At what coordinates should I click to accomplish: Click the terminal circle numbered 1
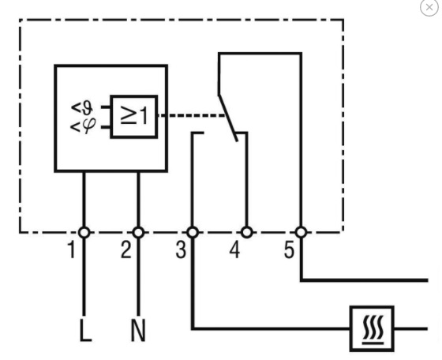pyautogui.click(x=84, y=233)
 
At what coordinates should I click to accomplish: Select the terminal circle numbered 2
pyautogui.click(x=138, y=233)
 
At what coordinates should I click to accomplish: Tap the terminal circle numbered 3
pyautogui.click(x=193, y=233)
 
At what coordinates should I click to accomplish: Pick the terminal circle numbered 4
pyautogui.click(x=247, y=233)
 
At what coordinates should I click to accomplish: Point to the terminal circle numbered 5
pyautogui.click(x=301, y=233)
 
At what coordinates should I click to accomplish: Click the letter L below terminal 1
pyautogui.click(x=85, y=330)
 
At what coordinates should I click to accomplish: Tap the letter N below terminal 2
pyautogui.click(x=138, y=330)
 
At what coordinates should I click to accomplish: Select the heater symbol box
pyautogui.click(x=372, y=328)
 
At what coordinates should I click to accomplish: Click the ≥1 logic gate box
pyautogui.click(x=134, y=117)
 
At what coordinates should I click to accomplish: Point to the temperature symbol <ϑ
pyautogui.click(x=82, y=108)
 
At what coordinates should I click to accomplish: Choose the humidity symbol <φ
pyautogui.click(x=83, y=126)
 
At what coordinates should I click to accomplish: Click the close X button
pyautogui.click(x=429, y=7)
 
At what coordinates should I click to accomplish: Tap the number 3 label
pyautogui.click(x=181, y=249)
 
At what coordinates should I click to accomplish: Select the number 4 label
pyautogui.click(x=234, y=249)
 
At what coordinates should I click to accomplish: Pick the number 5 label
pyautogui.click(x=289, y=249)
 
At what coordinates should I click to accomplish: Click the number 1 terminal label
pyautogui.click(x=72, y=249)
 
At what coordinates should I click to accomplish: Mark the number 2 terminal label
pyautogui.click(x=126, y=249)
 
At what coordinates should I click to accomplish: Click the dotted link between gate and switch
pyautogui.click(x=191, y=115)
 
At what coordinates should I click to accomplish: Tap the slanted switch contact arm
pyautogui.click(x=228, y=118)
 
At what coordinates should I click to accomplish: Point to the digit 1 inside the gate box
pyautogui.click(x=144, y=115)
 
